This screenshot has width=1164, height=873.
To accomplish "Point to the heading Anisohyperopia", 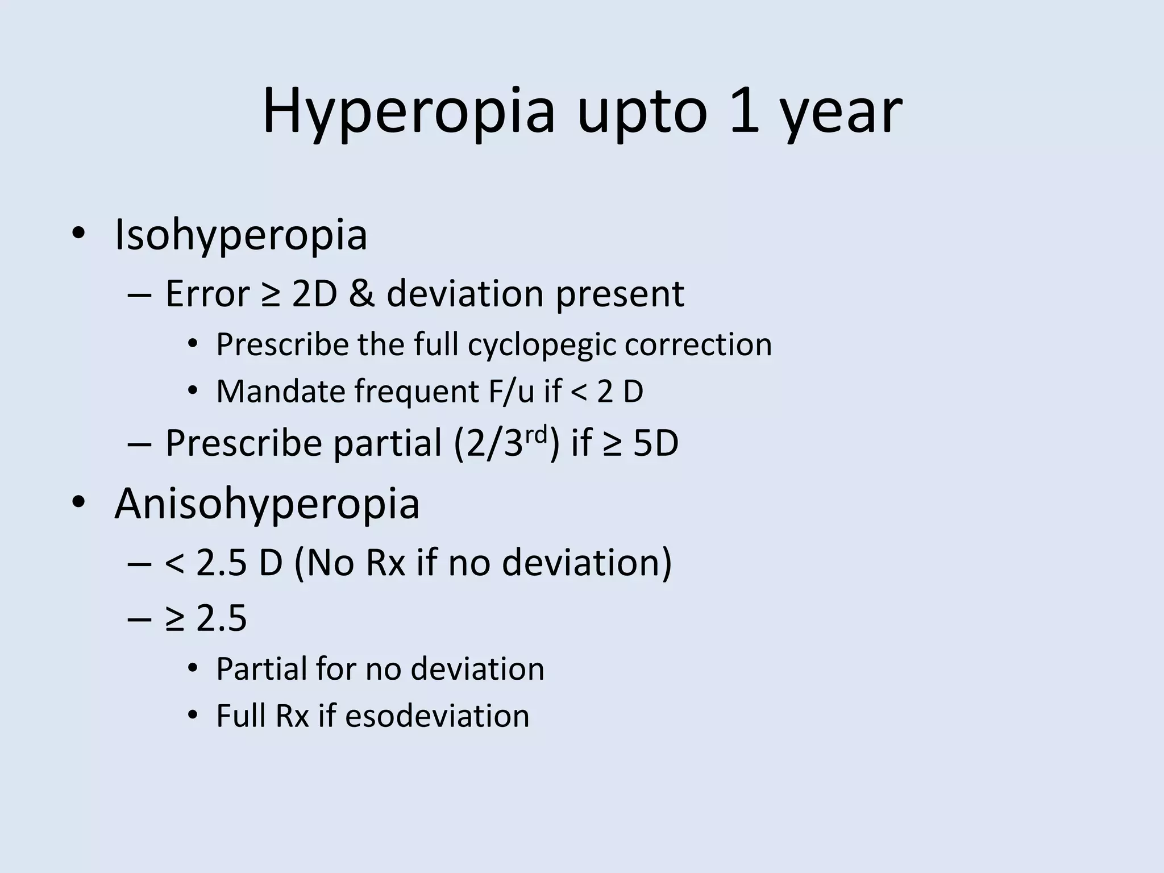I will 267,504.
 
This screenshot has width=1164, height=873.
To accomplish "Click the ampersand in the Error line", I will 361,294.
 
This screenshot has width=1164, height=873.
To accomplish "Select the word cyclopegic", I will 542,345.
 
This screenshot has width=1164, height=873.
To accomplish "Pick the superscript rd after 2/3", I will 535,435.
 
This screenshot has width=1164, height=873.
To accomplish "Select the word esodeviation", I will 437,716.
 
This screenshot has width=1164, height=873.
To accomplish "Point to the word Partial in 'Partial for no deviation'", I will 261,669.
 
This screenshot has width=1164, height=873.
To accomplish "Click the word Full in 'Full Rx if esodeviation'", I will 241,716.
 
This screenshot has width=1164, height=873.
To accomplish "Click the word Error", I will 207,294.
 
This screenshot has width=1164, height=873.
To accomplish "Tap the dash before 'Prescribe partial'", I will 140,444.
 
